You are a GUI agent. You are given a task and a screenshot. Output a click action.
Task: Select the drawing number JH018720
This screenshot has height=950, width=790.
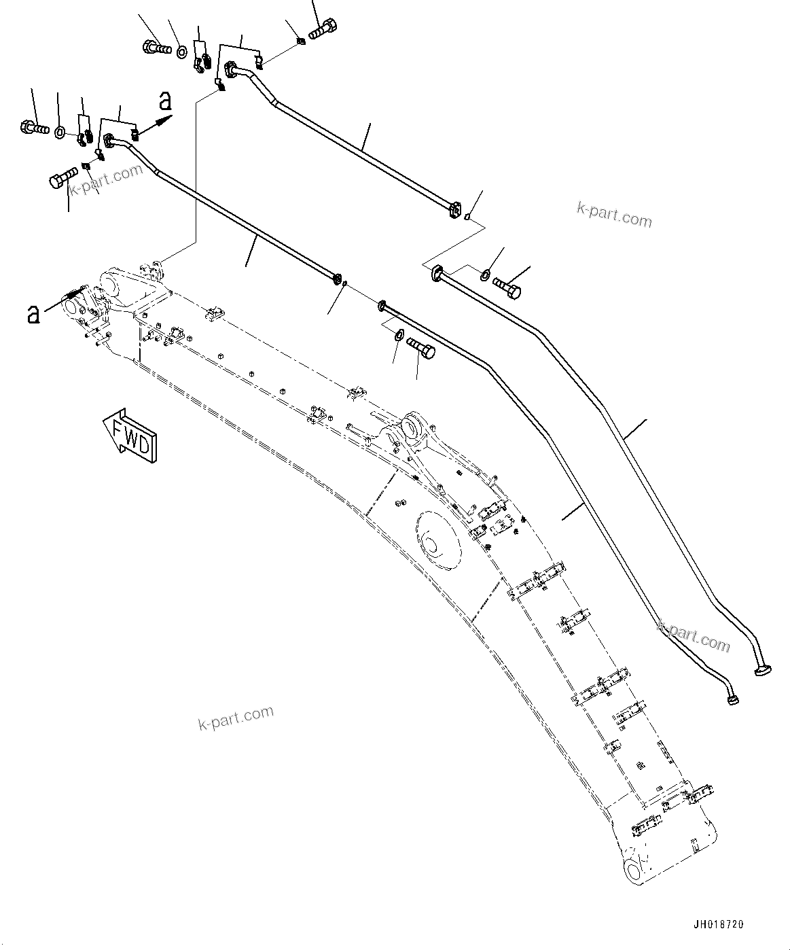point(718,925)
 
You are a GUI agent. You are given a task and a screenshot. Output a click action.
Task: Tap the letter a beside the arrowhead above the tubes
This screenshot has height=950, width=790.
point(164,102)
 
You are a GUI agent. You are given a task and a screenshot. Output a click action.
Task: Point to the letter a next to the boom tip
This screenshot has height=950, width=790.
point(32,313)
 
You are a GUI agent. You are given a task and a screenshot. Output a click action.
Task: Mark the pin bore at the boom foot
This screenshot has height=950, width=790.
point(634,871)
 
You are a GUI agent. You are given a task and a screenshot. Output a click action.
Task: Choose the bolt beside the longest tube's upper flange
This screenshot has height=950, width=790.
point(507,286)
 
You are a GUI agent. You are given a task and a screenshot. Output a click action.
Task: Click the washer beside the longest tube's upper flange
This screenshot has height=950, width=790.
point(484,275)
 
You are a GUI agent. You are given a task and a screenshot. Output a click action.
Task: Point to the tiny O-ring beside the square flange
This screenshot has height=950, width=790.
point(467,217)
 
